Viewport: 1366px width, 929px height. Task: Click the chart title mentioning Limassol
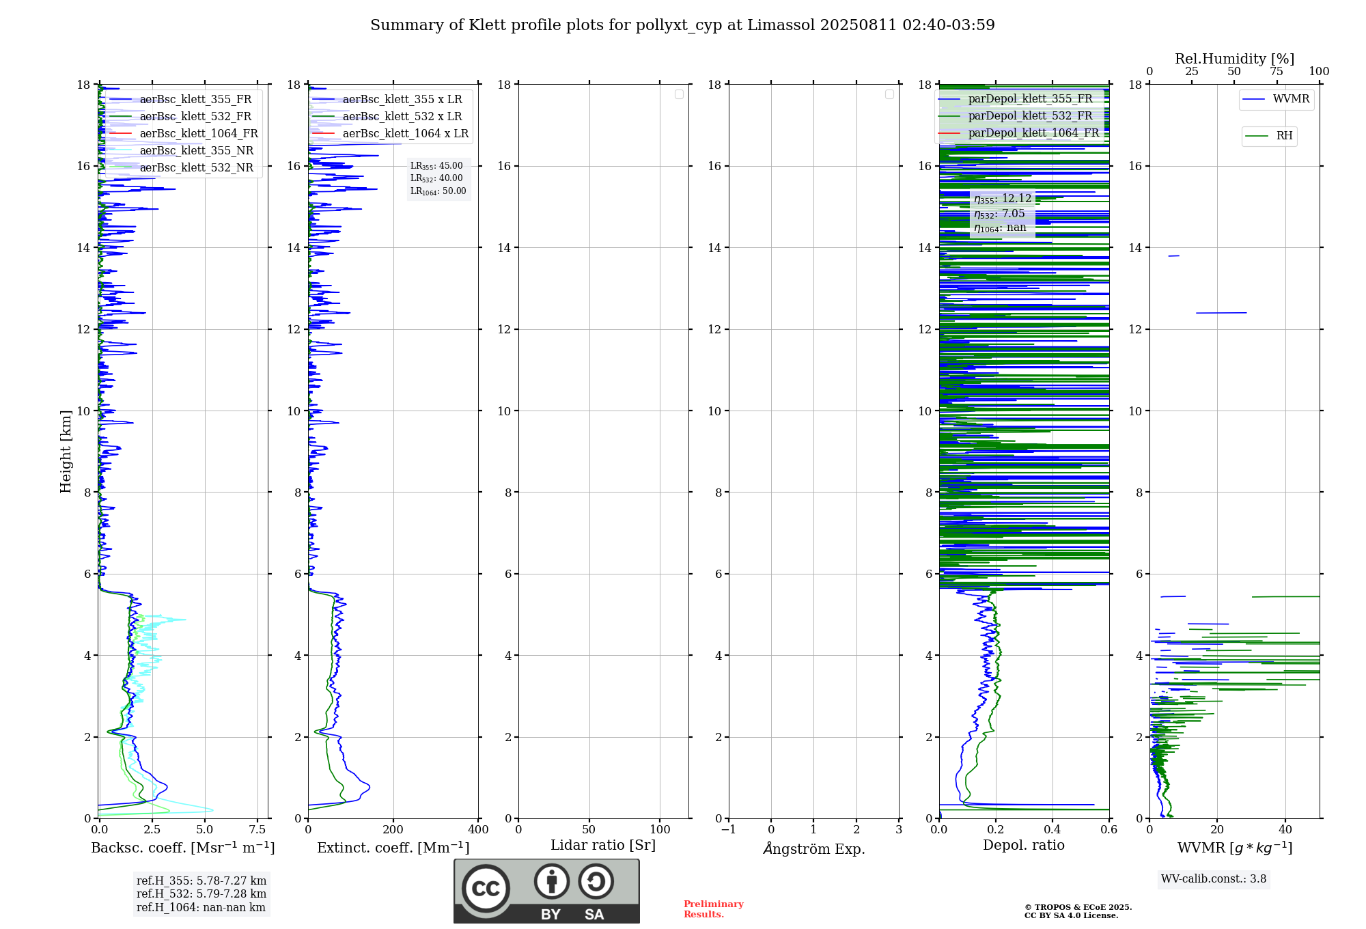point(682,25)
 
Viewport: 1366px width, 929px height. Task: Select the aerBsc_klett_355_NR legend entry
point(196,150)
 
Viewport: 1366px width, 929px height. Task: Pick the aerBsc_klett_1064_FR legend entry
point(198,133)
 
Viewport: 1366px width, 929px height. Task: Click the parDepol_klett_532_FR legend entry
point(1030,116)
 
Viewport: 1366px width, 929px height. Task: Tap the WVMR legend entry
point(1291,99)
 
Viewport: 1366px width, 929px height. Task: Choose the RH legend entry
point(1284,136)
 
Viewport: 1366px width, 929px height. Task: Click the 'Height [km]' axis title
point(66,451)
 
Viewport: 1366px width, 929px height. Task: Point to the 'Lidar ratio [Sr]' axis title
point(603,845)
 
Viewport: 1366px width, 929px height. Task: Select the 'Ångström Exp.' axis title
point(813,848)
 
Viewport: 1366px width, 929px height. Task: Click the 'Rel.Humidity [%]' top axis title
point(1234,59)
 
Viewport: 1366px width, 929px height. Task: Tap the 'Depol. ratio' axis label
point(1023,845)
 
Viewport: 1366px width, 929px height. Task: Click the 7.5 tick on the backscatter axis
point(257,830)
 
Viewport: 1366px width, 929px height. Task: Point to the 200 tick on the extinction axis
point(393,830)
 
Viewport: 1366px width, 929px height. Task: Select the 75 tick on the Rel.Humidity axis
point(1276,72)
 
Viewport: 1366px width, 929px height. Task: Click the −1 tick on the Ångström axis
point(729,830)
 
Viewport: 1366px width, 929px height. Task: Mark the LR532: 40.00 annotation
point(436,178)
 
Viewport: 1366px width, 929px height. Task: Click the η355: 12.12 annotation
point(1003,199)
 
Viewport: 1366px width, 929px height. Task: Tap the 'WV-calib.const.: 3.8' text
point(1214,879)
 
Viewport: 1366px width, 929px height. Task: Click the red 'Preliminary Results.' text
point(713,909)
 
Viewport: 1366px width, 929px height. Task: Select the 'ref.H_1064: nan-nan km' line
point(201,907)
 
